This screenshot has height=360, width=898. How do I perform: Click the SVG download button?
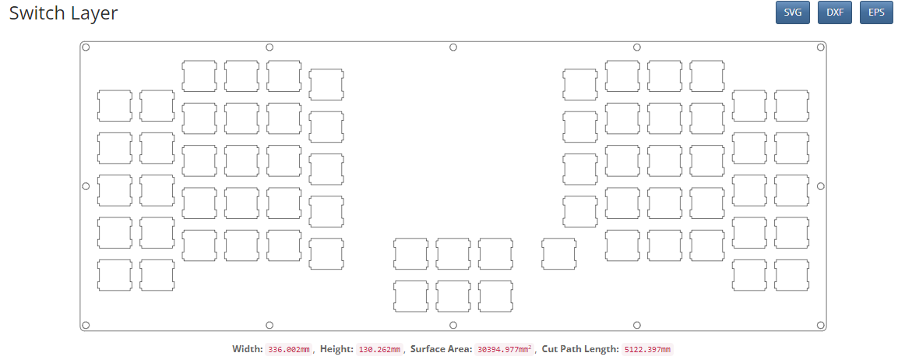click(x=792, y=12)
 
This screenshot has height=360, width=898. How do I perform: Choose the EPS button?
click(x=876, y=12)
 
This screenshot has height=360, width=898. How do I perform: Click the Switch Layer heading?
click(x=63, y=13)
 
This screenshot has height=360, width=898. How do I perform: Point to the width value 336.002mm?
click(x=289, y=349)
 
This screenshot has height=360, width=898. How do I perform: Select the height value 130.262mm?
click(x=379, y=349)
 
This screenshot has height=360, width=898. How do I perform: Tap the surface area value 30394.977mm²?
click(x=503, y=349)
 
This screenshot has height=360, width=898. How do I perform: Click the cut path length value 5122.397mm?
click(x=647, y=349)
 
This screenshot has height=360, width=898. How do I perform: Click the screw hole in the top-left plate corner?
click(x=86, y=48)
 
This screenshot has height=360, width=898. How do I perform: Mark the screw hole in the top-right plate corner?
click(x=820, y=48)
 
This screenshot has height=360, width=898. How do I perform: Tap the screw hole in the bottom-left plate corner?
click(x=86, y=325)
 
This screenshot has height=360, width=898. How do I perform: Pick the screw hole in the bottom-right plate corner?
click(x=820, y=325)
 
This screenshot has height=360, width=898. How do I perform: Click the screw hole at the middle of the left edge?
click(x=86, y=186)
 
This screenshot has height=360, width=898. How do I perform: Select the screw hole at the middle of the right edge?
click(x=820, y=186)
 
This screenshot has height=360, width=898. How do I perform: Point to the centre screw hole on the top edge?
click(x=453, y=48)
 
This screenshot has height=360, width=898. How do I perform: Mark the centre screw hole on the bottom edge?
click(x=453, y=325)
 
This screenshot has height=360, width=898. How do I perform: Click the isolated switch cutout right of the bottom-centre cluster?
click(x=559, y=254)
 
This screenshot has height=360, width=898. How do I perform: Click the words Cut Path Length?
click(x=580, y=349)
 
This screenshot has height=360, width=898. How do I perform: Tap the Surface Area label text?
click(x=441, y=349)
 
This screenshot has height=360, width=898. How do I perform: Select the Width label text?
click(x=247, y=349)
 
